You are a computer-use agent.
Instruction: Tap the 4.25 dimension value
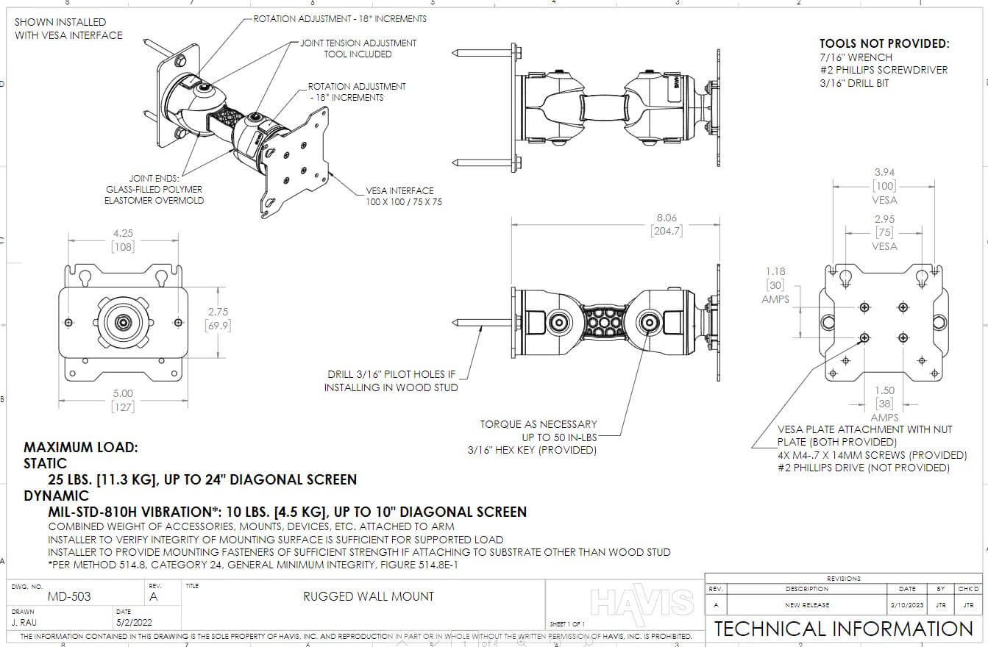tap(122, 234)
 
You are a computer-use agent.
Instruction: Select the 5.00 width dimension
tap(122, 394)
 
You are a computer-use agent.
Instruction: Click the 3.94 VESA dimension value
tap(884, 173)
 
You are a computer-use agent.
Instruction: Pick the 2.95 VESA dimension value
tap(884, 219)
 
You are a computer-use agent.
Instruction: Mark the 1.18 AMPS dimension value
tap(775, 272)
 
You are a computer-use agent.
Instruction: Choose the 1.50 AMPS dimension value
tap(884, 391)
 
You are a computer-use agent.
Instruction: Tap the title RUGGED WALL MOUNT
tap(369, 596)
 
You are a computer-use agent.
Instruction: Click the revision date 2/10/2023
tap(907, 604)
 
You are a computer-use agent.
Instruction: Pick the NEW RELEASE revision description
tap(806, 604)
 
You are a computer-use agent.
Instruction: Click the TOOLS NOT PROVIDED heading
tap(884, 44)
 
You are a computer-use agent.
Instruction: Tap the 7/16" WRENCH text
tap(856, 57)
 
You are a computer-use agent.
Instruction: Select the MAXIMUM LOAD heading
tap(81, 447)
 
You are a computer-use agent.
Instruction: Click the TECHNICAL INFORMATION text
tap(843, 629)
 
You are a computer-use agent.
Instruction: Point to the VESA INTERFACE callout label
tap(400, 190)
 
